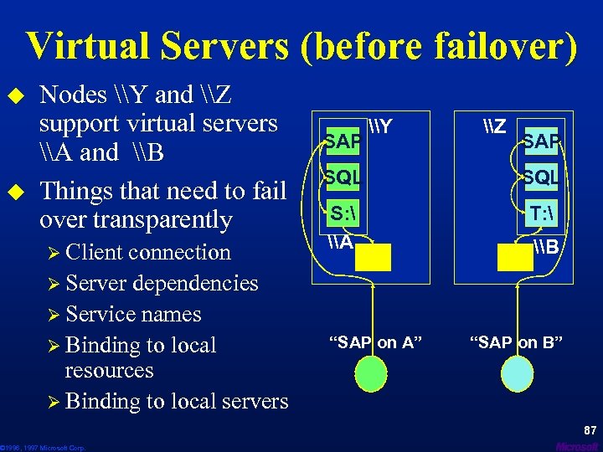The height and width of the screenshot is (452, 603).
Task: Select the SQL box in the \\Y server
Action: (x=342, y=177)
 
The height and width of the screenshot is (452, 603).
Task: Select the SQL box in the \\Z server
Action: (x=542, y=177)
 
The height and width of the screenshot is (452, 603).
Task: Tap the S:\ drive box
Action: (x=343, y=213)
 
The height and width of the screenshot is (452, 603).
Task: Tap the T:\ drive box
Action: (x=542, y=213)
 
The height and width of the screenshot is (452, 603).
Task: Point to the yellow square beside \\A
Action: (x=373, y=257)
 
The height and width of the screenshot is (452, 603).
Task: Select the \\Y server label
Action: (x=381, y=127)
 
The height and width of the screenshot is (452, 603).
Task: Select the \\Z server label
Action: (x=495, y=127)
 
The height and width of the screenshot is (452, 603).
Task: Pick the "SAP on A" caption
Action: (x=374, y=342)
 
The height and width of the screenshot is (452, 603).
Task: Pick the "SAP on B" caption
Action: (x=516, y=342)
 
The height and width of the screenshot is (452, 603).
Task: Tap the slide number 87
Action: (x=590, y=430)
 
